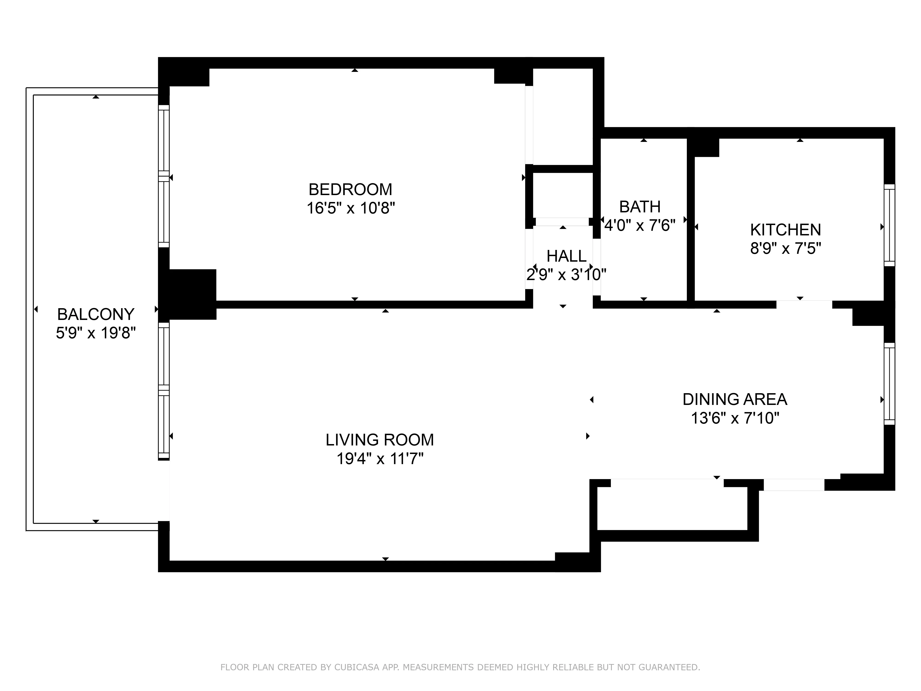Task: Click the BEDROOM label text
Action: tap(350, 190)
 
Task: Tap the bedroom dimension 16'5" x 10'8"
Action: tap(351, 208)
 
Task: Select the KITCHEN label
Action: tap(785, 230)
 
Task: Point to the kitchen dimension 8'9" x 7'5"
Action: tap(785, 249)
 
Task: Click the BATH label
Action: tap(640, 207)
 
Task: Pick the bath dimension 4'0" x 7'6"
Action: tap(640, 225)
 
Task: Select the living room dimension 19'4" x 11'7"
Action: tap(380, 459)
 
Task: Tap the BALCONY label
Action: tap(96, 314)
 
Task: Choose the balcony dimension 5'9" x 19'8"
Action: tap(96, 333)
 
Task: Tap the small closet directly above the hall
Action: tap(563, 194)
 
